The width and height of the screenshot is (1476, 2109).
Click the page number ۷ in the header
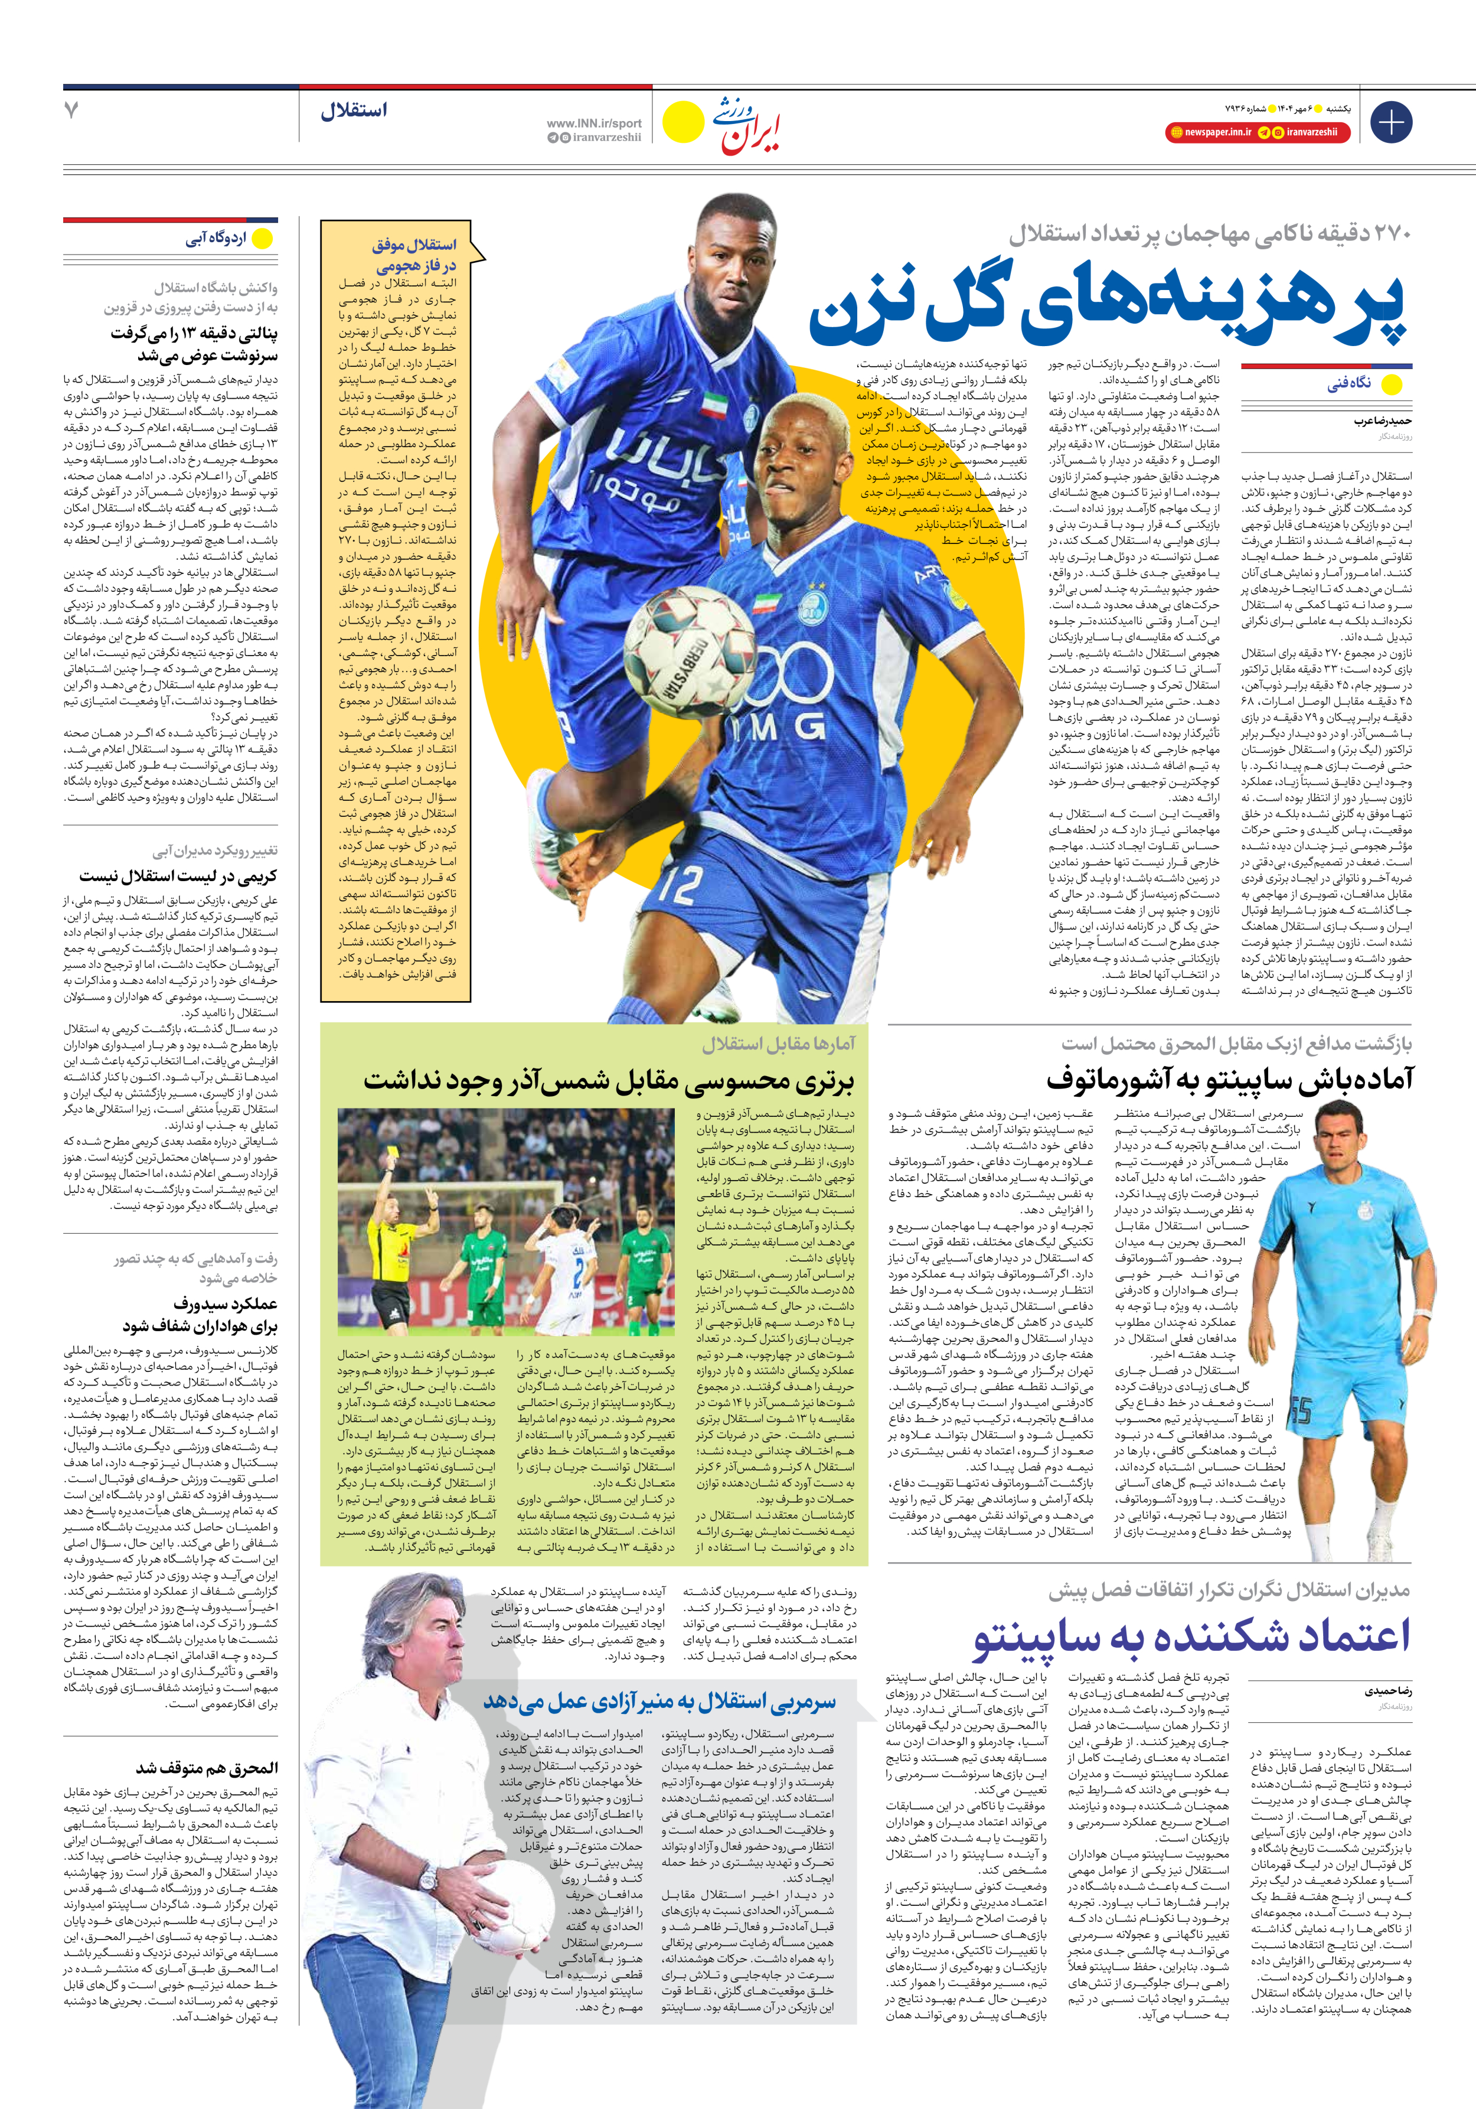point(71,110)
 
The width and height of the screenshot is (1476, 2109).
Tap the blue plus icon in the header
point(1390,122)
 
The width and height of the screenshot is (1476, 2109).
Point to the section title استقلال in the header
point(354,110)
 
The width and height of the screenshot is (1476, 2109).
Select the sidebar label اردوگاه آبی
point(217,239)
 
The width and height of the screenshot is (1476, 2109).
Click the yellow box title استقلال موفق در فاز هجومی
point(414,255)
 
